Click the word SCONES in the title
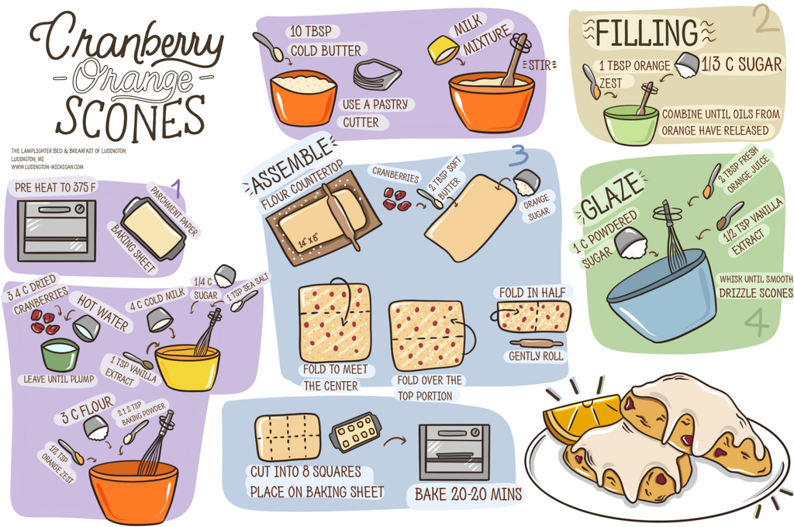pos(129,117)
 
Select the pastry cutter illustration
pos(377,75)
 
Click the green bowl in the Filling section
pos(630,125)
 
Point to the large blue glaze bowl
pos(661,295)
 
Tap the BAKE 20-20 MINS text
pos(468,494)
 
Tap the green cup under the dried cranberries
pos(60,355)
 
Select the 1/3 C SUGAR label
pos(741,65)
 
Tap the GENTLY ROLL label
pos(535,356)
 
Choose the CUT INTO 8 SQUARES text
pos(305,472)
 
